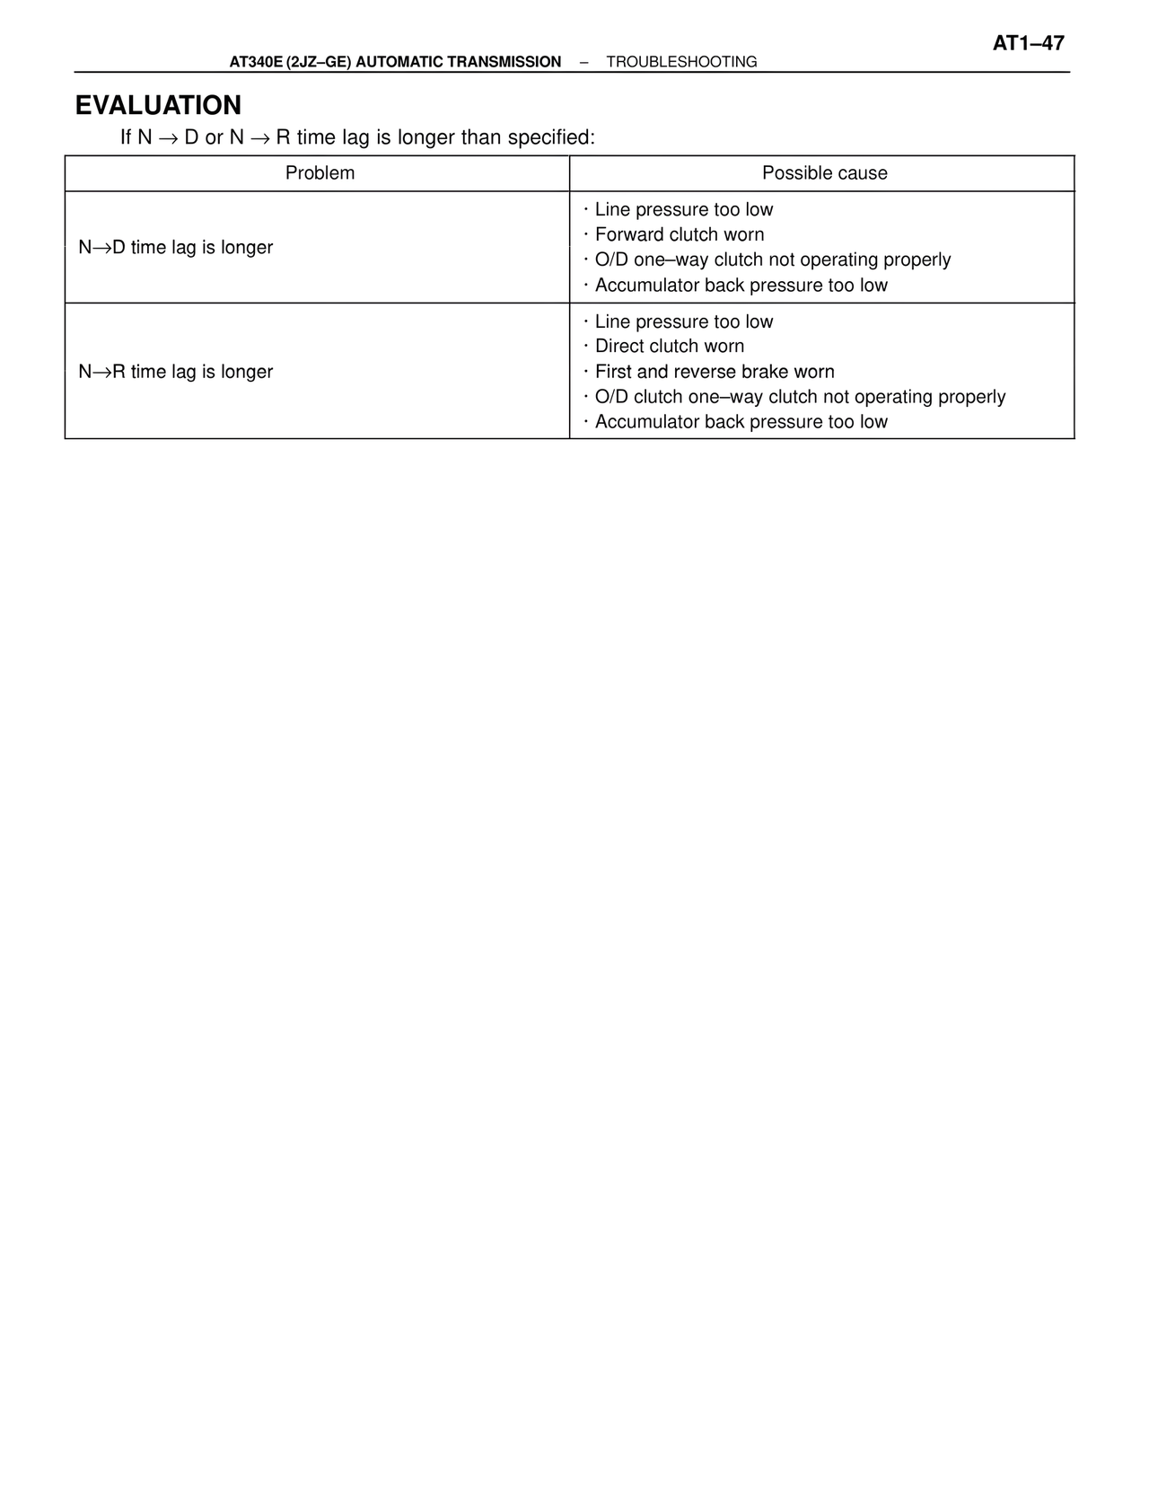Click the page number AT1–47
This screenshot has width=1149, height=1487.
tap(1028, 43)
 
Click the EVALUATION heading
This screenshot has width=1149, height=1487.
tap(158, 105)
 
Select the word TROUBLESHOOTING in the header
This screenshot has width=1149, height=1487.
tap(681, 62)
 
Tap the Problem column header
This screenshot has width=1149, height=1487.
tap(320, 173)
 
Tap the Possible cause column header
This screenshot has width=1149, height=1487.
tap(824, 173)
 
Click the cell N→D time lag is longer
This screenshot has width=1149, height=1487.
tap(176, 247)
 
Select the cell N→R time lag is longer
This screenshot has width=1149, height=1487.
tap(176, 372)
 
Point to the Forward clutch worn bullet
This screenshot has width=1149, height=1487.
tap(680, 234)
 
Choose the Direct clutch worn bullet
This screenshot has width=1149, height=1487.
tap(670, 347)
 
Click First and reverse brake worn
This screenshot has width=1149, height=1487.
tap(715, 372)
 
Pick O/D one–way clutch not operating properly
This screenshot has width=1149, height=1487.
tap(773, 260)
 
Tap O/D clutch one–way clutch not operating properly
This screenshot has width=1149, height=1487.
tap(800, 397)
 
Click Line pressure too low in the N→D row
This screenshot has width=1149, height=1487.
tap(684, 209)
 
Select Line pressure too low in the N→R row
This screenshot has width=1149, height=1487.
tap(684, 321)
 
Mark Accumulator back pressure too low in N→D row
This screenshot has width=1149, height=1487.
tap(741, 286)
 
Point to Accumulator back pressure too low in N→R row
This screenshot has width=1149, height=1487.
tap(741, 422)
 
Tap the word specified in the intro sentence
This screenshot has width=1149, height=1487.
tap(550, 137)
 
